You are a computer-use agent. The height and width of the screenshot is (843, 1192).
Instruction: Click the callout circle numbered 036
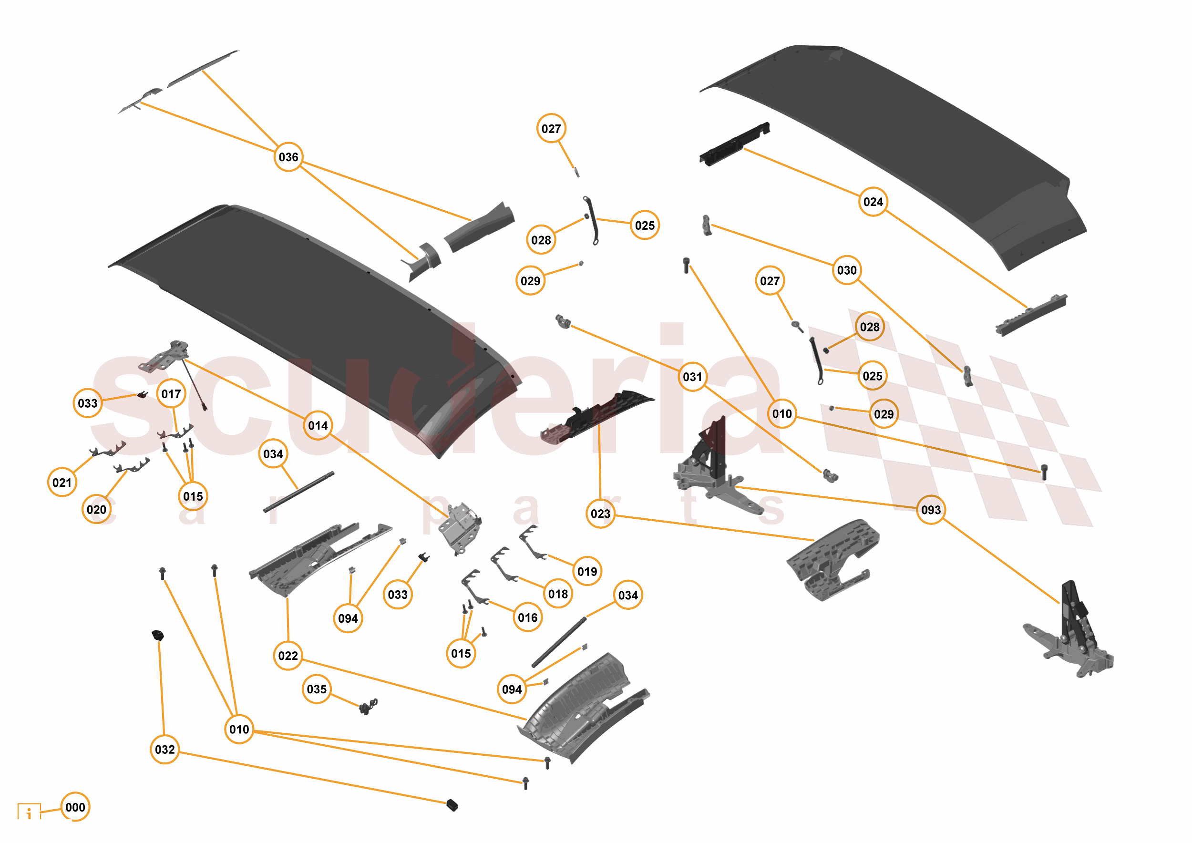pyautogui.click(x=288, y=157)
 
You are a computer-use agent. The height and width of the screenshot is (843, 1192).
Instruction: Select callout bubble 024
pyautogui.click(x=873, y=202)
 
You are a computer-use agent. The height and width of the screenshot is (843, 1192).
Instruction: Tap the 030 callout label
pyautogui.click(x=847, y=270)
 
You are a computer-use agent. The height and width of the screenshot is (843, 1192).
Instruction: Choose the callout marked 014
pyautogui.click(x=318, y=426)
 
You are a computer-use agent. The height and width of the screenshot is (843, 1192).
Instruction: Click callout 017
pyautogui.click(x=171, y=394)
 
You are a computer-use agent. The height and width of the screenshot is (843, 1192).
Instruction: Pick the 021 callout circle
pyautogui.click(x=62, y=483)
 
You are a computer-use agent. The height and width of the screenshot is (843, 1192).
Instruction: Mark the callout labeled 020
pyautogui.click(x=97, y=510)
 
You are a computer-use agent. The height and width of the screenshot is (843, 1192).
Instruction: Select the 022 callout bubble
pyautogui.click(x=288, y=656)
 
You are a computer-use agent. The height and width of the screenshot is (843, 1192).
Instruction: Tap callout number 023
pyautogui.click(x=600, y=514)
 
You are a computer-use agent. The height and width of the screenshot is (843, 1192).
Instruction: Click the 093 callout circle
pyautogui.click(x=930, y=510)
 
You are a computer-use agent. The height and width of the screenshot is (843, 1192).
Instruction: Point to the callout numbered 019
pyautogui.click(x=587, y=572)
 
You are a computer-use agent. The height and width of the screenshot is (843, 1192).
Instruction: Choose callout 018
pyautogui.click(x=558, y=594)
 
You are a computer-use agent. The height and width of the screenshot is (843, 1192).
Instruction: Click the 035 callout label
pyautogui.click(x=317, y=689)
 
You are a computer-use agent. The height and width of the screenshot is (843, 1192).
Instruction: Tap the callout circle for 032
pyautogui.click(x=164, y=750)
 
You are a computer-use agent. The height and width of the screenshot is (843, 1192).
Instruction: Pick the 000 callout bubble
pyautogui.click(x=75, y=807)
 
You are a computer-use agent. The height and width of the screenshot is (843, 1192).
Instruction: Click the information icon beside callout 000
pyautogui.click(x=29, y=812)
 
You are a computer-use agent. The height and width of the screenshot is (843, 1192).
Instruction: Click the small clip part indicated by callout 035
pyautogui.click(x=368, y=707)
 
